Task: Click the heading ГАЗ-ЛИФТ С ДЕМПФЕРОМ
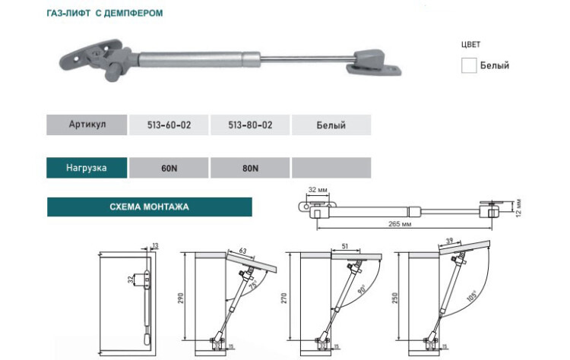click(104, 14)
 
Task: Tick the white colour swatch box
click(469, 65)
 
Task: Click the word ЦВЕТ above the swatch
click(471, 44)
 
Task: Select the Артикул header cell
click(86, 125)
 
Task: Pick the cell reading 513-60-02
click(169, 125)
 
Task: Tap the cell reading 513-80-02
click(251, 125)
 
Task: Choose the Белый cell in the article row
click(331, 125)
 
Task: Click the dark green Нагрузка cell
click(87, 168)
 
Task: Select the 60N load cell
click(169, 168)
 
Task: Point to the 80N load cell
click(251, 168)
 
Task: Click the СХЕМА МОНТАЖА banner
click(149, 207)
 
